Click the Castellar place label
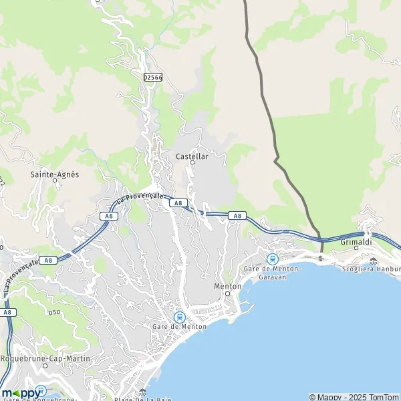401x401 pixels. (192, 156)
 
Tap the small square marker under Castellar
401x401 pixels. (192, 162)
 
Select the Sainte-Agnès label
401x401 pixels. (55, 174)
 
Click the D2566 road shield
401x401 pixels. (152, 78)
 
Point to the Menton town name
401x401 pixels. (227, 286)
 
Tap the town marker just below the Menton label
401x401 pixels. (227, 293)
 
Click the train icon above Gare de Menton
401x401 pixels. (179, 317)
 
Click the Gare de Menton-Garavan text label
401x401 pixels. (272, 272)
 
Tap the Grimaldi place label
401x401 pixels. (356, 241)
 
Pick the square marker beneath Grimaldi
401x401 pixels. (356, 248)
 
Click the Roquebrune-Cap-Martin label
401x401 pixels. (44, 358)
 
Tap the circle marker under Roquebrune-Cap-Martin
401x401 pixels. (44, 366)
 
